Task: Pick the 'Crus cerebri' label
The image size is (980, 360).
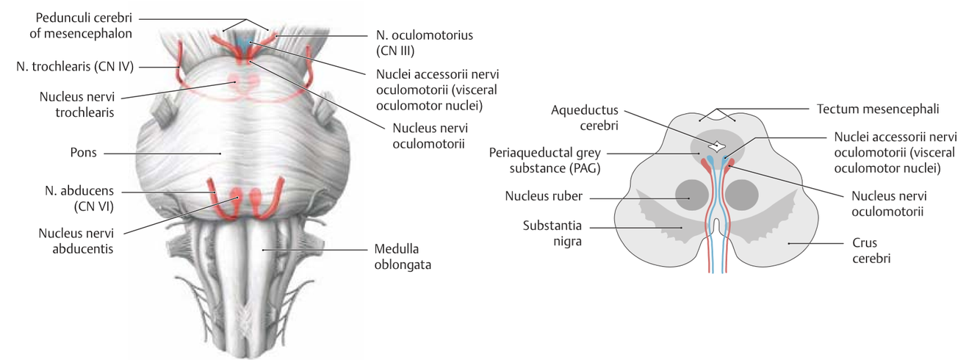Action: point(855,251)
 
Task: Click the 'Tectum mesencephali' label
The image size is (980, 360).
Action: point(879,108)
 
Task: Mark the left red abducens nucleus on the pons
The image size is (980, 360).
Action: point(237,198)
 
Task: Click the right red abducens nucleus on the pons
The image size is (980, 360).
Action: point(256,198)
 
